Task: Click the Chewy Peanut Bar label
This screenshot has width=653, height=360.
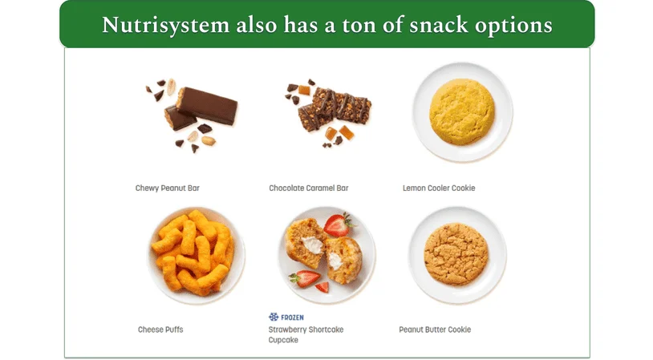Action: [x=168, y=188]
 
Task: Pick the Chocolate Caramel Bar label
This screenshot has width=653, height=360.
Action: [x=309, y=188]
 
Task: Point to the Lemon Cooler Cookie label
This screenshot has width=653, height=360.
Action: [x=439, y=188]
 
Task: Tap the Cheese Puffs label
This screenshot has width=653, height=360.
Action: [x=160, y=330]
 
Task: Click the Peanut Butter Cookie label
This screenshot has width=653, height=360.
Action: [x=435, y=330]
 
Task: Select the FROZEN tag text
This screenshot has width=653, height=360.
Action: [x=292, y=318]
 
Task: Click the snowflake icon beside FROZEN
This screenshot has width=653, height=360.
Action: [x=273, y=318]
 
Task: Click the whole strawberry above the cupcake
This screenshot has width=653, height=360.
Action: [x=339, y=224]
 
